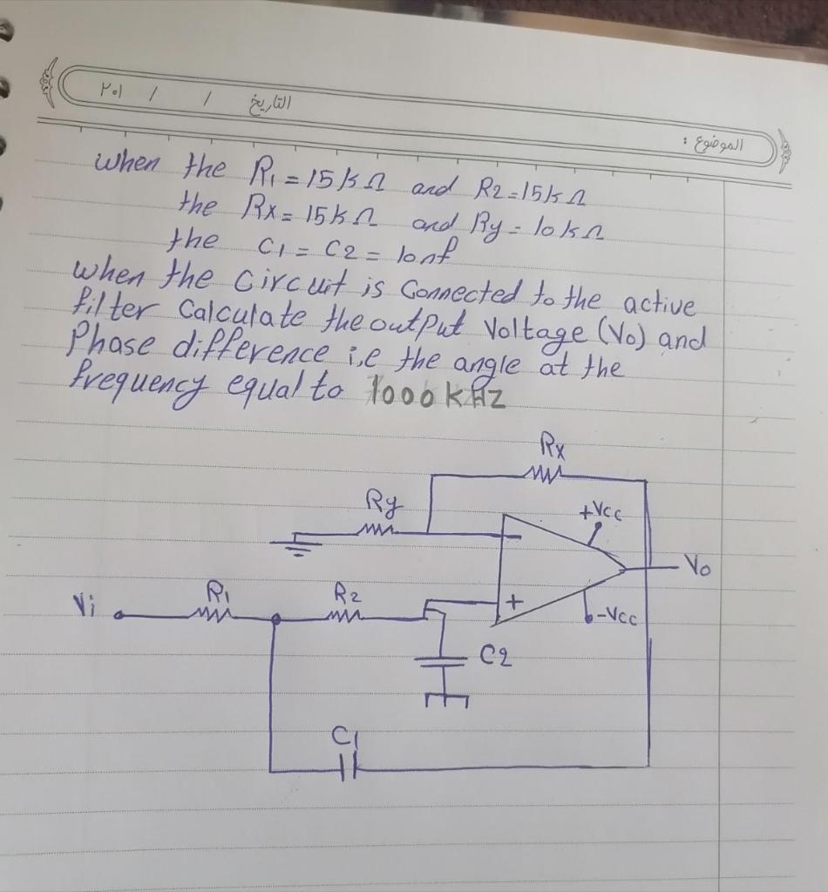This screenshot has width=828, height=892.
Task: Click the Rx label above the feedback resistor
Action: [554, 450]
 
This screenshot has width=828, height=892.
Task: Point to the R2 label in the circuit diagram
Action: [343, 597]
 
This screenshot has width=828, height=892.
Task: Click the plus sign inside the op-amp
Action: [514, 601]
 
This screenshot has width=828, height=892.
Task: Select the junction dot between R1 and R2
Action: [275, 619]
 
